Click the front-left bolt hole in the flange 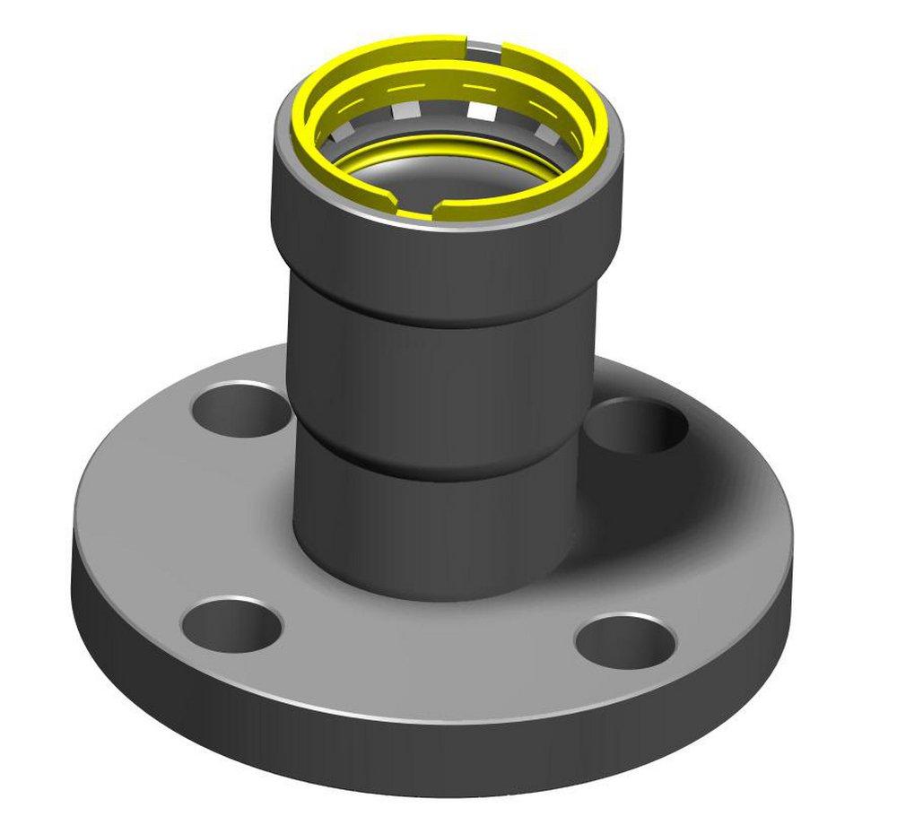pos(231,625)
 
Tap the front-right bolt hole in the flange pos(624,638)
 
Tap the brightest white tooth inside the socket pos(483,112)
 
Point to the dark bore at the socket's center pos(448,175)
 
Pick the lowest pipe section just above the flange pos(440,529)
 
